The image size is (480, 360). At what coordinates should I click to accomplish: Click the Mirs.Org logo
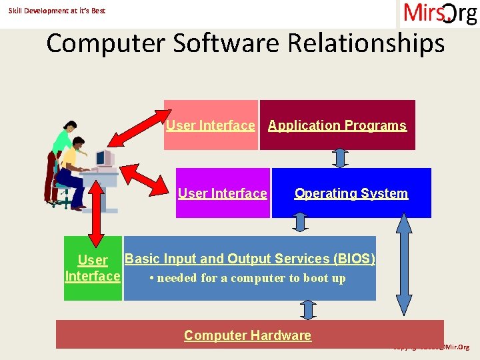click(x=439, y=13)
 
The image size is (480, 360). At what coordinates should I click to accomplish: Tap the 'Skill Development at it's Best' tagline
click(x=57, y=11)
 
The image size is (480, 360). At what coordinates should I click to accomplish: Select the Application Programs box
click(x=337, y=125)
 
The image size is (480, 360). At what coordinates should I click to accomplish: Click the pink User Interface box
click(x=211, y=125)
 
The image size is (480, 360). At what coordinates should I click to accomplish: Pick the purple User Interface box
click(x=222, y=193)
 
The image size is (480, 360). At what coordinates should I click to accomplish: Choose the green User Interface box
click(x=93, y=268)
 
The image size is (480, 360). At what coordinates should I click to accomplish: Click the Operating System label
click(x=351, y=193)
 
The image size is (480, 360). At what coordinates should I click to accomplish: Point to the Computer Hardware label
click(x=247, y=335)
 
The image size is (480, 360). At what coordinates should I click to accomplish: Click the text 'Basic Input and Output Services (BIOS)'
click(x=250, y=259)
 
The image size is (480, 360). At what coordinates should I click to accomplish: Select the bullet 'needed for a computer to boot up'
click(x=247, y=279)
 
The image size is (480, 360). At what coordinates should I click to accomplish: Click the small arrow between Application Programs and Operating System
click(x=340, y=159)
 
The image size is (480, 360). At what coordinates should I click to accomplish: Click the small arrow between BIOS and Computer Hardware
click(x=307, y=310)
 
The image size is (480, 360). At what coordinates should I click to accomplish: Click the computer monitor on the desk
click(x=103, y=159)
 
